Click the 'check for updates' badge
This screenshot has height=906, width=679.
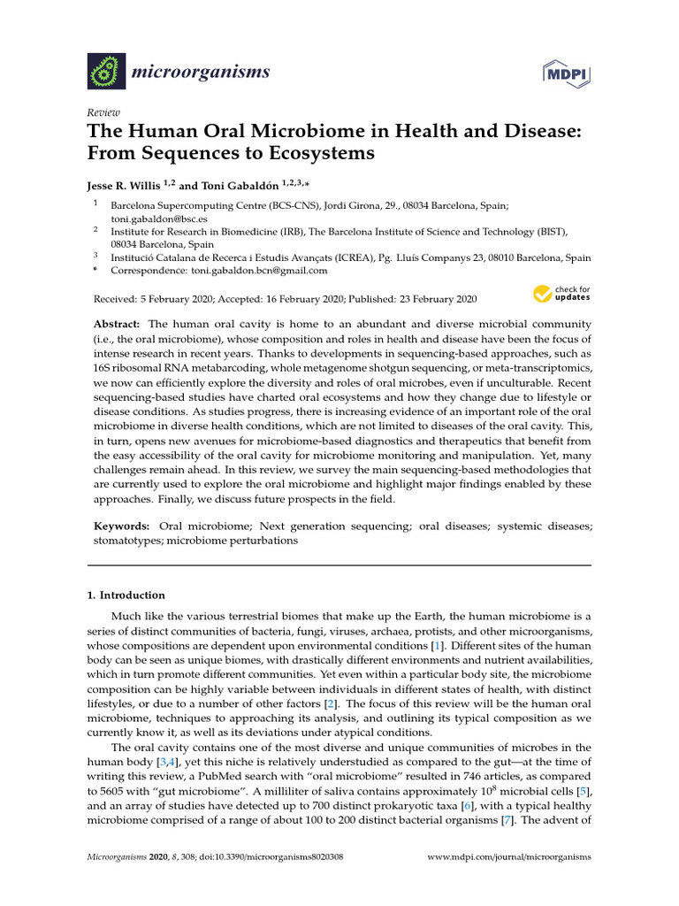coord(561,294)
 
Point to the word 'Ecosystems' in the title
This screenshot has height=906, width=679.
coord(309,153)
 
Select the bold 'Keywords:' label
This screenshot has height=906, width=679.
coord(122,526)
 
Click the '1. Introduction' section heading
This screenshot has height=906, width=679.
coord(126,595)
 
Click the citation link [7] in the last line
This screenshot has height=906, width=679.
coord(507,820)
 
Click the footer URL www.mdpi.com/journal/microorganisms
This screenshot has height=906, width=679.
coord(509,857)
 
